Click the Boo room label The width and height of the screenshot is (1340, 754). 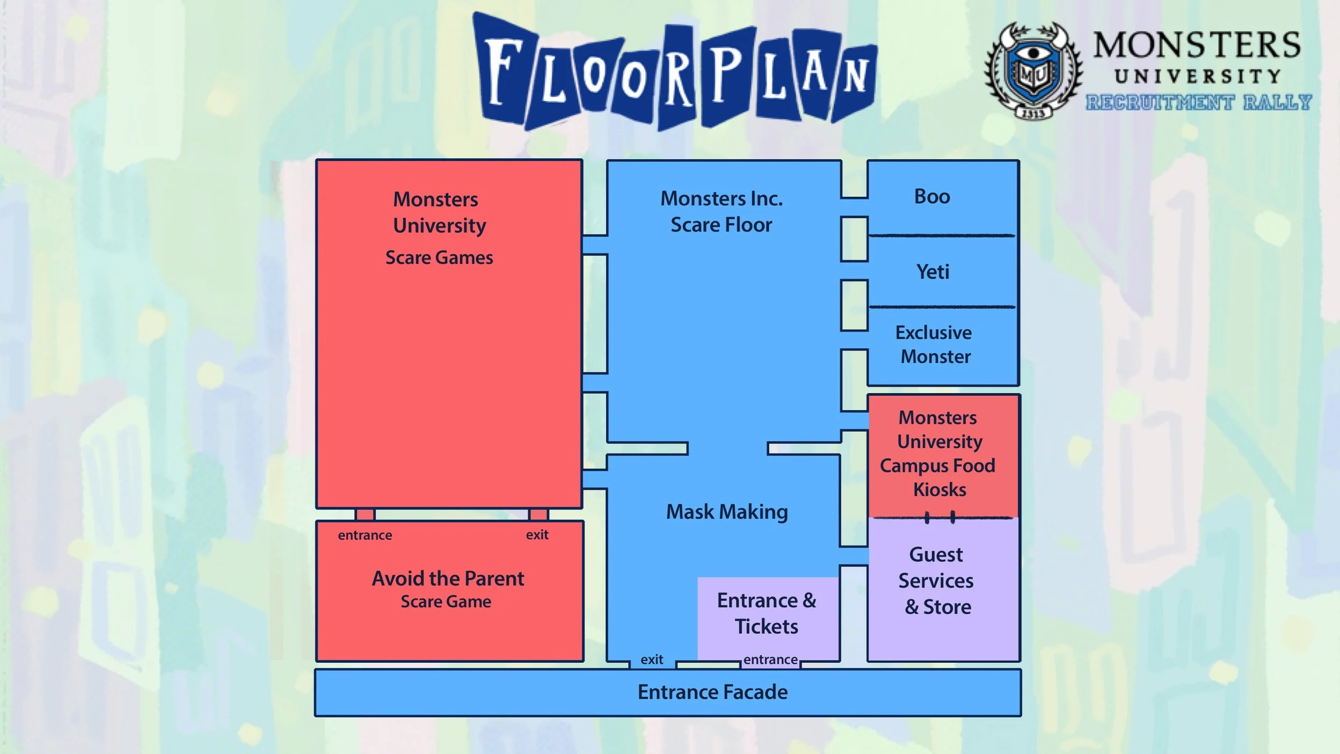click(x=932, y=197)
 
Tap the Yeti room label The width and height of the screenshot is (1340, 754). click(x=933, y=272)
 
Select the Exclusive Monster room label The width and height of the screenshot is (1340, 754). click(x=934, y=344)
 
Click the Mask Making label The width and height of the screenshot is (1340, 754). click(x=727, y=512)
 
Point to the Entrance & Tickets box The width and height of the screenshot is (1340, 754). click(x=767, y=613)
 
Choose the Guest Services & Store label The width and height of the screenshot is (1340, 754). click(x=937, y=580)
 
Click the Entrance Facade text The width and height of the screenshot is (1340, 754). click(x=712, y=692)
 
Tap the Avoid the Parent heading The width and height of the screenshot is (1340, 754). click(x=448, y=579)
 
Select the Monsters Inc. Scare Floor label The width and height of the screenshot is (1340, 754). click(x=721, y=211)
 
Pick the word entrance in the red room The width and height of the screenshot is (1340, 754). click(x=365, y=535)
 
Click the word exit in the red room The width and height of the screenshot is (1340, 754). click(x=537, y=535)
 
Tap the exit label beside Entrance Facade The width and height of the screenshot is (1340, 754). click(x=652, y=660)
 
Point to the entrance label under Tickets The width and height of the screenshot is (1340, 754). click(x=770, y=660)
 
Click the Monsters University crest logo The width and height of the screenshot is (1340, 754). click(x=1033, y=70)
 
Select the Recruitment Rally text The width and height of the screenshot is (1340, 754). click(x=1198, y=102)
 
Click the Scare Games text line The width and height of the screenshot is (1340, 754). click(x=439, y=258)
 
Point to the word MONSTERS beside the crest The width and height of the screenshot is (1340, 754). click(x=1197, y=45)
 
